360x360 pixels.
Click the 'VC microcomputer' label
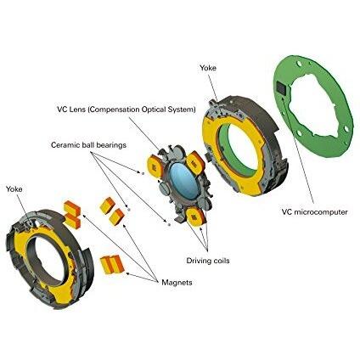[x=314, y=211]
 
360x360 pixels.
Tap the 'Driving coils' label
[x=208, y=261]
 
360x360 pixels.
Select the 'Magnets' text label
[x=177, y=282]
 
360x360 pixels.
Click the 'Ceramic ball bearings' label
[x=88, y=145]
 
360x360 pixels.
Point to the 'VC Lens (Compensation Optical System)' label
[x=127, y=110]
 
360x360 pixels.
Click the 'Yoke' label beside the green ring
[x=208, y=68]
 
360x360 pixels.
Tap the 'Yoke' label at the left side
[x=14, y=189]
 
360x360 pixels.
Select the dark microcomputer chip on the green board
[x=282, y=87]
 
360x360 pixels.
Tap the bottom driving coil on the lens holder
[x=195, y=217]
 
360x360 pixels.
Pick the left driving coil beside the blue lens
[x=155, y=167]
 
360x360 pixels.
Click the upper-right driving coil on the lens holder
[x=196, y=162]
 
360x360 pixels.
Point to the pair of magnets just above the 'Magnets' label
[x=113, y=264]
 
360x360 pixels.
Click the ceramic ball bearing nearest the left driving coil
[x=143, y=173]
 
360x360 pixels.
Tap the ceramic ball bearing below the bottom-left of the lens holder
[x=169, y=224]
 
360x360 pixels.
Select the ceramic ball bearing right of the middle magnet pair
[x=128, y=210]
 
